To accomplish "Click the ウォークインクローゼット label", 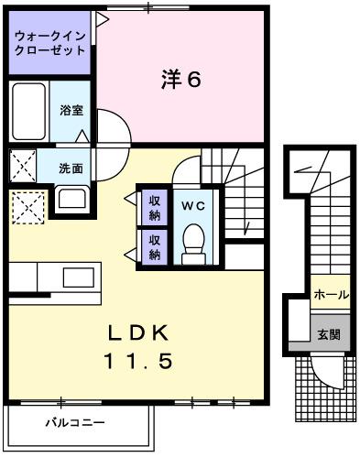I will pyautogui.click(x=50, y=43).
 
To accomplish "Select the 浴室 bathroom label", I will pyautogui.click(x=71, y=111).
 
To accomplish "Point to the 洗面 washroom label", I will pyautogui.click(x=71, y=169).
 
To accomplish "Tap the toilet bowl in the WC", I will pyautogui.click(x=192, y=243).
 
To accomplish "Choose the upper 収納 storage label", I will pyautogui.click(x=154, y=208).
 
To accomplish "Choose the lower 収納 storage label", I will pyautogui.click(x=154, y=247).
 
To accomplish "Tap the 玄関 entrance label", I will pyautogui.click(x=329, y=334).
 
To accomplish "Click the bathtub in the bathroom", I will pyautogui.click(x=28, y=110).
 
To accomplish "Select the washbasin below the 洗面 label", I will pyautogui.click(x=71, y=198).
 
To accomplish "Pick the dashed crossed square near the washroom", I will pyautogui.click(x=27, y=206).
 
